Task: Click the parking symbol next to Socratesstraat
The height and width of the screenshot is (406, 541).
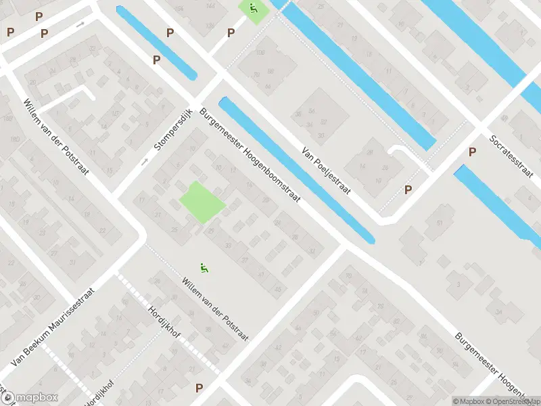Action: pos(472,152)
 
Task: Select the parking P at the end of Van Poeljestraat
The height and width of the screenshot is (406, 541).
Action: pos(408,190)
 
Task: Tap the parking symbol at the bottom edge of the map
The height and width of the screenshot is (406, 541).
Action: pos(199,388)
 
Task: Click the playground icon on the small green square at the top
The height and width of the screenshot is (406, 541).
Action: pos(253,9)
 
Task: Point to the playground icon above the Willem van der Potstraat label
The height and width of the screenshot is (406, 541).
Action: pos(204,269)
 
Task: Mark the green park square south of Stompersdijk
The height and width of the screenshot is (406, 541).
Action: pos(202,202)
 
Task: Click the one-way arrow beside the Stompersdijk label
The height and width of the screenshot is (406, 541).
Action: pos(144,162)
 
